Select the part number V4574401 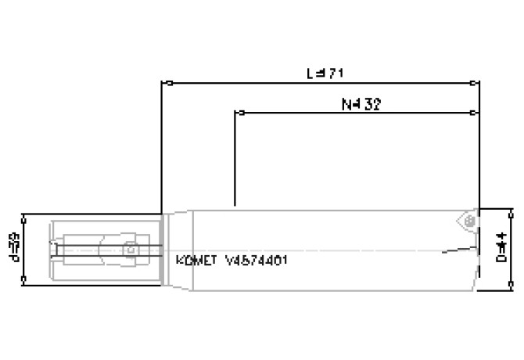(256, 260)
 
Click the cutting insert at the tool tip (467, 221)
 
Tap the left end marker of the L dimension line (162, 81)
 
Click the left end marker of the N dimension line (235, 113)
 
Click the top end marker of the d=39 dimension (26, 214)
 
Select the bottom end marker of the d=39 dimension (26, 279)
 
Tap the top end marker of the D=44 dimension (512, 210)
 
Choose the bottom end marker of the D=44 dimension (512, 289)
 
